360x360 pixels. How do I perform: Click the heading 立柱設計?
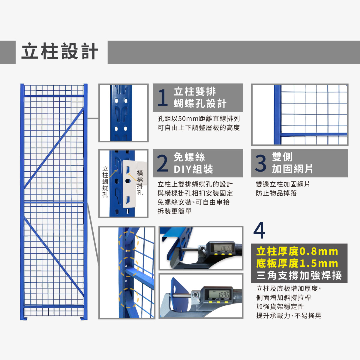point(60,52)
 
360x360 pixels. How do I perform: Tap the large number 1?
point(162,98)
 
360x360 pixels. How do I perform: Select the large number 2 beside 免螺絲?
point(162,163)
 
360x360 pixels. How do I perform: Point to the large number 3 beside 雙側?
point(260,163)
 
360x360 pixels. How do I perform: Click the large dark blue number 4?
point(259,231)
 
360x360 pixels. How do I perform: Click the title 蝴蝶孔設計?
point(200,103)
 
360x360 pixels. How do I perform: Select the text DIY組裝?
point(193,169)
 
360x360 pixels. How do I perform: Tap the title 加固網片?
point(292,169)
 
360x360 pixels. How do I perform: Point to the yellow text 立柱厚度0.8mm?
point(297,251)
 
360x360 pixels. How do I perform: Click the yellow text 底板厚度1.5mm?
point(297,263)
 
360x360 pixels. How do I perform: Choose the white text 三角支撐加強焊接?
point(299,275)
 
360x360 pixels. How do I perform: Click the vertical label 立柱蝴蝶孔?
point(105,181)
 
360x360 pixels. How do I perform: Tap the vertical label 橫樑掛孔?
point(140,183)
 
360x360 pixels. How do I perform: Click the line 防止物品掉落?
point(276,193)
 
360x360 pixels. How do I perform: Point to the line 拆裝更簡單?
point(174,211)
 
